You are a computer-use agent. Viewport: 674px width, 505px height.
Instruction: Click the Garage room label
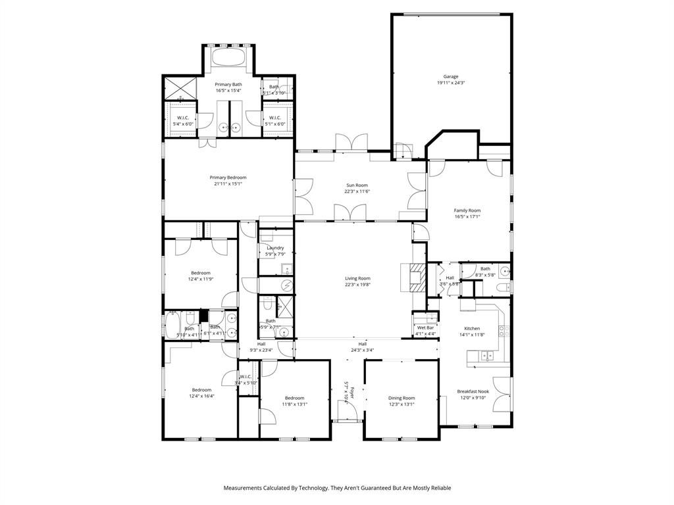point(451,76)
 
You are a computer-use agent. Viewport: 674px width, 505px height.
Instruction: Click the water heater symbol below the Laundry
point(286,284)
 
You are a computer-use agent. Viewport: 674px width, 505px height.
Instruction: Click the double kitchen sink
point(486,356)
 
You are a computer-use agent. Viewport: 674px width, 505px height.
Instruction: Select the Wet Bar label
point(425,327)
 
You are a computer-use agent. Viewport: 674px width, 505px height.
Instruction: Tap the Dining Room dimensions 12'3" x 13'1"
point(401,404)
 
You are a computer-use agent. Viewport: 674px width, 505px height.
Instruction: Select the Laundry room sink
point(287,268)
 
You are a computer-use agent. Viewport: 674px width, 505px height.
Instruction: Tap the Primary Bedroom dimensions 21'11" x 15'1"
point(228,184)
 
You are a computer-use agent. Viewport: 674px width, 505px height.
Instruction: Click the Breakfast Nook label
point(473,391)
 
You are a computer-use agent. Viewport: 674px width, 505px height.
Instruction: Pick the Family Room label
point(467,210)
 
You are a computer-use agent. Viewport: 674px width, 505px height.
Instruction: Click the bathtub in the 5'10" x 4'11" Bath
point(173,324)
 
